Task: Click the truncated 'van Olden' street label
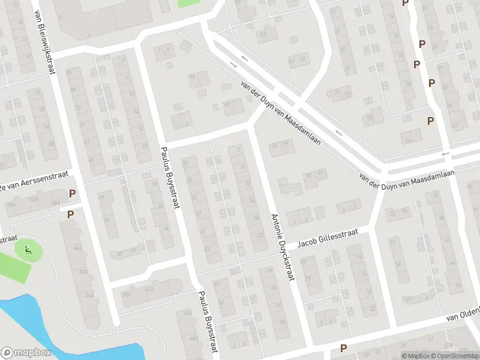click(464, 313)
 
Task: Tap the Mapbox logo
click(26, 353)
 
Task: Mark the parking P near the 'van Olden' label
click(343, 348)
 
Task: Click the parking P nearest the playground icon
click(70, 215)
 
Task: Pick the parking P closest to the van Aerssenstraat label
click(73, 194)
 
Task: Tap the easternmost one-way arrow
click(446, 154)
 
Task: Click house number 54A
click(89, 295)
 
